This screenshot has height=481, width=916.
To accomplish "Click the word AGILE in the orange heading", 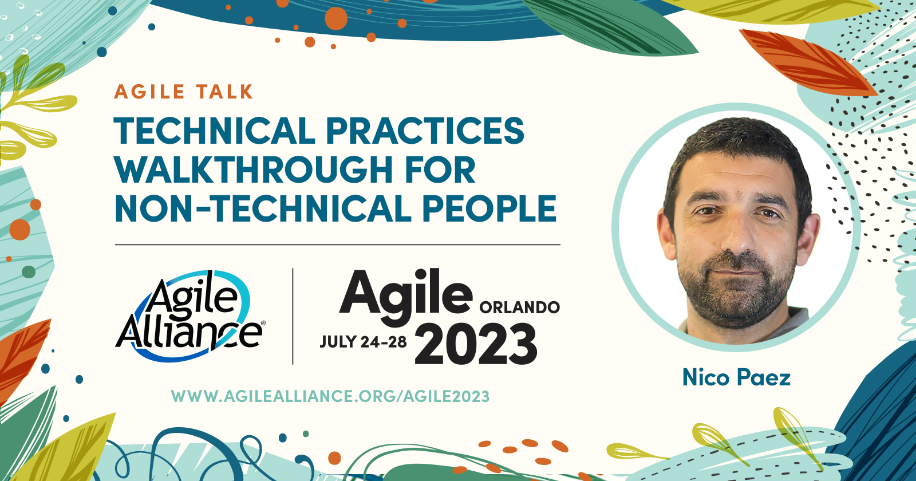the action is tap(149, 92).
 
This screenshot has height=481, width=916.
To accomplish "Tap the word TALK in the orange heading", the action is tap(224, 92).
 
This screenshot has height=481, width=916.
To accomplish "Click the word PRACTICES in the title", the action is tap(425, 131).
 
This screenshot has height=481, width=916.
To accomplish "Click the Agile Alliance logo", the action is tap(189, 316).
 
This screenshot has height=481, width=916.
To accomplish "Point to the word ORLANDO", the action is tap(519, 307).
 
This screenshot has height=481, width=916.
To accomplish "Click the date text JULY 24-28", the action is tap(363, 342).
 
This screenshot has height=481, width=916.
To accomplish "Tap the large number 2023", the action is tap(476, 344).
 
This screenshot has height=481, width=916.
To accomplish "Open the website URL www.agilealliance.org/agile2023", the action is tap(330, 396).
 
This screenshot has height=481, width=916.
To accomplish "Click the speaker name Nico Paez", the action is tap(736, 377).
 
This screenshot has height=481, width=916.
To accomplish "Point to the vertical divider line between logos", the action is tap(293, 316).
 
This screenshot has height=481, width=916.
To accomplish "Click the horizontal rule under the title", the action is tap(337, 245).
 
